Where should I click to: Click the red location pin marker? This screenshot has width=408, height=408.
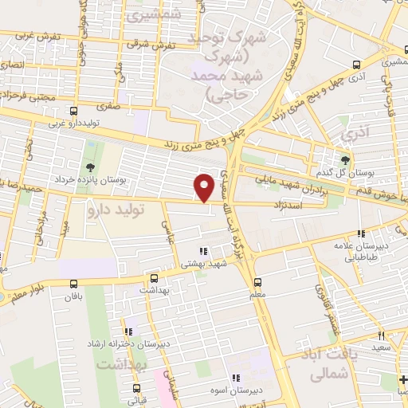(x=205, y=187)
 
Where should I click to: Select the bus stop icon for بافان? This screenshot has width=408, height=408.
(x=74, y=284)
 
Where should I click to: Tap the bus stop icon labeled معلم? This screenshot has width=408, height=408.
(x=257, y=282)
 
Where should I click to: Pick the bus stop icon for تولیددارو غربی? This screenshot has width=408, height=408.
(x=73, y=111)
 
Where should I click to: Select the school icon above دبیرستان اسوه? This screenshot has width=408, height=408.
(x=235, y=379)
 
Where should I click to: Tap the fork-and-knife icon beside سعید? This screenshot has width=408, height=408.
(x=382, y=336)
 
